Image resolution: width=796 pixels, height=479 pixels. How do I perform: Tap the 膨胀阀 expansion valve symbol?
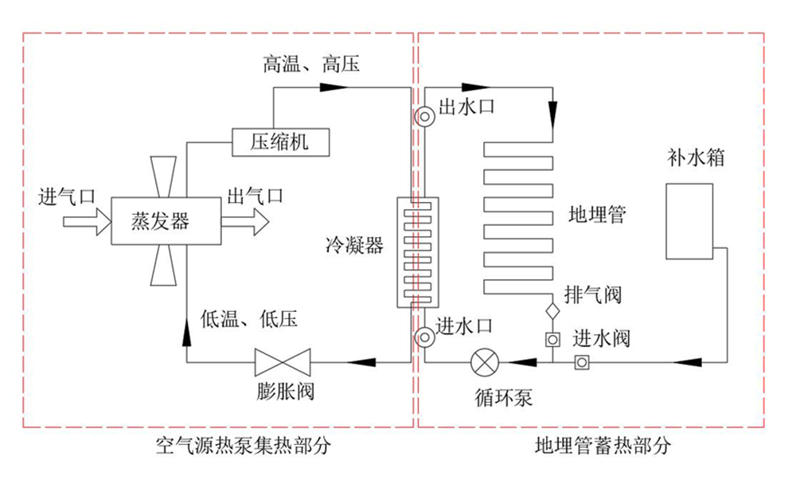coord(283,363)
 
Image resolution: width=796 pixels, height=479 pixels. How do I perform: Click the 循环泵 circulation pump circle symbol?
coord(484,363)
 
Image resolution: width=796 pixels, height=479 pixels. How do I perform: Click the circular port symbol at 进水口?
coord(424,337)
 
